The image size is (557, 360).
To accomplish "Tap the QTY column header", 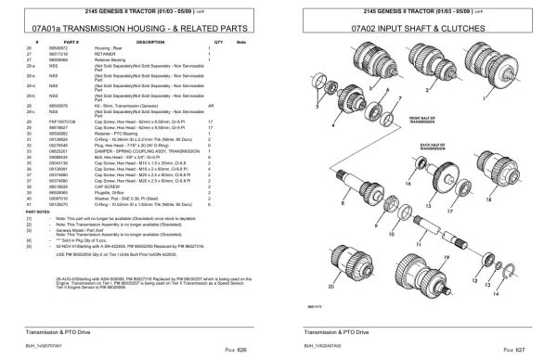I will pos(219,43).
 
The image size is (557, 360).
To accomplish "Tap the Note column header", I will pos(242,43).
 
